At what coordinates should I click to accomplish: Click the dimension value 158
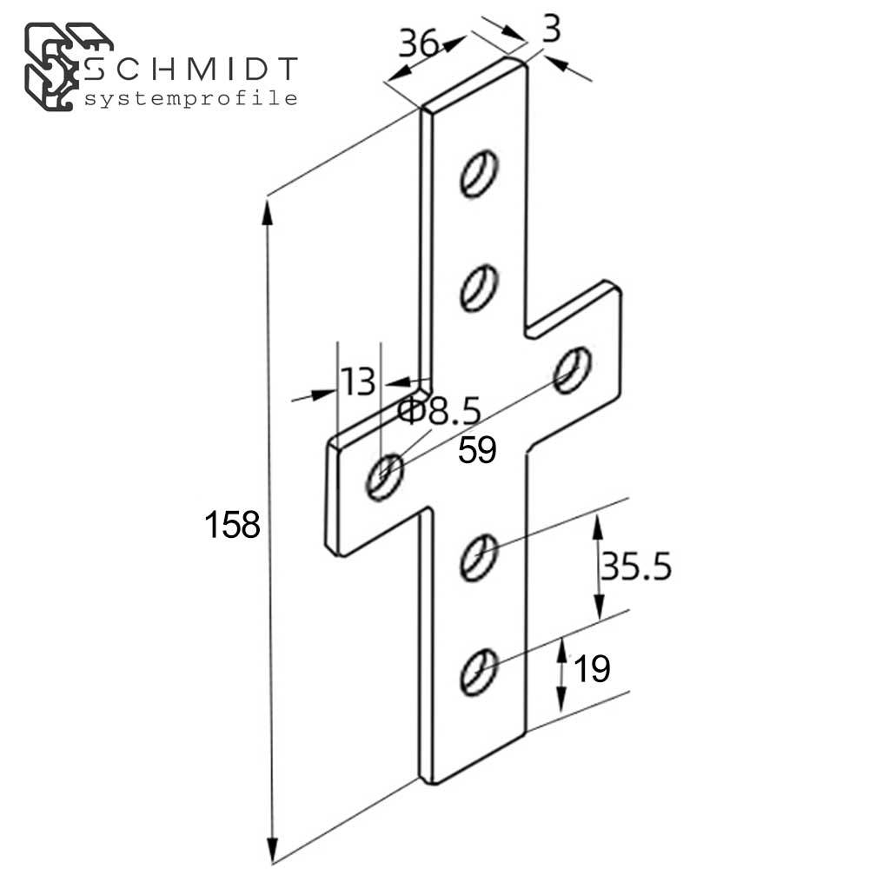click(232, 525)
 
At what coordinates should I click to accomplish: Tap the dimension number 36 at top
click(419, 43)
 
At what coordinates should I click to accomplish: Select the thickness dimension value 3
click(549, 30)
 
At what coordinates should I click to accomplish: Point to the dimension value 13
click(357, 381)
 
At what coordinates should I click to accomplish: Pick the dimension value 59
click(477, 450)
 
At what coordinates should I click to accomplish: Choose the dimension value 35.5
click(636, 567)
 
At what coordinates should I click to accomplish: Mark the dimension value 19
click(592, 669)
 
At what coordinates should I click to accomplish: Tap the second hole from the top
click(479, 288)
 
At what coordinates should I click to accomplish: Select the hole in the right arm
click(573, 369)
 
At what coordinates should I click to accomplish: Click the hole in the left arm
click(384, 477)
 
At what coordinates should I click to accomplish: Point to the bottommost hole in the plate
click(479, 671)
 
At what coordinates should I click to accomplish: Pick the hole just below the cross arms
click(479, 557)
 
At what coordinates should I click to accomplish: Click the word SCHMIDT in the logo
click(192, 69)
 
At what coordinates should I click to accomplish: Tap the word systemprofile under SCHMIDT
click(191, 98)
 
